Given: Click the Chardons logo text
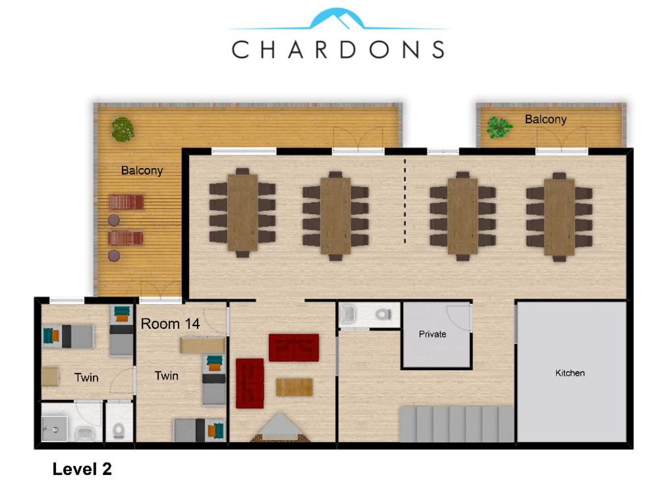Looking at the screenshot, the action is [x=338, y=49].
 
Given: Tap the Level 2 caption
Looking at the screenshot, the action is [x=82, y=468].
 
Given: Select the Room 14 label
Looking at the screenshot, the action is [x=170, y=324].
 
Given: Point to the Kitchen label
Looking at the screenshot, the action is [x=570, y=373].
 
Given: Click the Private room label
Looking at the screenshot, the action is [x=432, y=334].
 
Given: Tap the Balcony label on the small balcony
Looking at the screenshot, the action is [x=546, y=119].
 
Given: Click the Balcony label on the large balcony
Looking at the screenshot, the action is [x=142, y=171].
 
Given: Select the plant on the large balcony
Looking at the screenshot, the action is [x=123, y=129].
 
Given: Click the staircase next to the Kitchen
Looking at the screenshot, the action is [x=457, y=424].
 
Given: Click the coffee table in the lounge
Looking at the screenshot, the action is [x=294, y=387].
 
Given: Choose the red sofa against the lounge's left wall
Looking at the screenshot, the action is [x=250, y=383].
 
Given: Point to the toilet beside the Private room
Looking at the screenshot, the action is [x=383, y=314].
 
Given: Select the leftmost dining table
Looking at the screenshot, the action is [x=242, y=213].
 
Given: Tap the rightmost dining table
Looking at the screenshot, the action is [x=559, y=217].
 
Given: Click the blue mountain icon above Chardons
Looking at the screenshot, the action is [x=338, y=20].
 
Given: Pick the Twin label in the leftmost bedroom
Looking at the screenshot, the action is [x=86, y=378].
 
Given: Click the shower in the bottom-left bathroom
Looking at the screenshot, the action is [x=54, y=428].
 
